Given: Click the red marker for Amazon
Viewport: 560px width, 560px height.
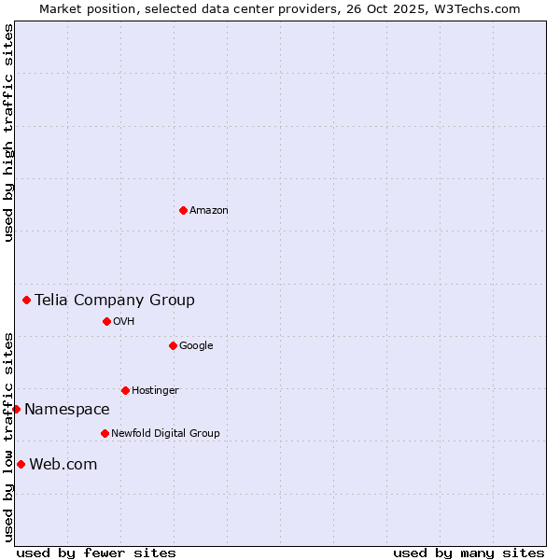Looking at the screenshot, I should (x=183, y=210).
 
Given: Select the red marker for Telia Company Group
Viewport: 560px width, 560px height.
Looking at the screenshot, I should (x=27, y=300).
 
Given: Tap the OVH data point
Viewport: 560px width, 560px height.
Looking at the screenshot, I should (x=106, y=321).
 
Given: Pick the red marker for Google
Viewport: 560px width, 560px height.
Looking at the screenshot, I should (x=173, y=345).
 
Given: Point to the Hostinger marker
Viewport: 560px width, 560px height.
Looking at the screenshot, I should (x=125, y=390).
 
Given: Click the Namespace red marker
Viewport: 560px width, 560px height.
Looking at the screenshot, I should (x=16, y=409).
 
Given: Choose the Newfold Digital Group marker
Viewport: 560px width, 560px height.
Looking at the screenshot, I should (x=105, y=433).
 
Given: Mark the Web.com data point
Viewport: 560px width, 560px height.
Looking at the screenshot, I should (x=21, y=464).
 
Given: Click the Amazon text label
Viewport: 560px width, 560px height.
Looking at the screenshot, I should (x=209, y=211).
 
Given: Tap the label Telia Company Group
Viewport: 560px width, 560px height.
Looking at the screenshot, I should (x=115, y=300).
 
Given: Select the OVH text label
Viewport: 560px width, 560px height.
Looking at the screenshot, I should (x=124, y=322).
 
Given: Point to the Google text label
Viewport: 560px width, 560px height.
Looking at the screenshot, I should (x=196, y=346).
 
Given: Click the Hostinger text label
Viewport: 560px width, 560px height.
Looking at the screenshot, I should (x=155, y=391).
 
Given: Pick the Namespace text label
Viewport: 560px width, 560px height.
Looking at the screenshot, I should (x=67, y=409).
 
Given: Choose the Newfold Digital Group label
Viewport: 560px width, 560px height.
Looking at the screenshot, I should (x=165, y=434).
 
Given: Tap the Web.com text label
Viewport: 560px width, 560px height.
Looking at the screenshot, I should (x=63, y=464).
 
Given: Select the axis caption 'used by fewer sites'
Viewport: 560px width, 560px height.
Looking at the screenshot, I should (x=96, y=553).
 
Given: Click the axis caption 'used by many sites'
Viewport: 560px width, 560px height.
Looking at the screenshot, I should (x=469, y=553).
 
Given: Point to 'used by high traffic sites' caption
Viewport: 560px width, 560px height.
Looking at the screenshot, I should (x=9, y=133).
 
